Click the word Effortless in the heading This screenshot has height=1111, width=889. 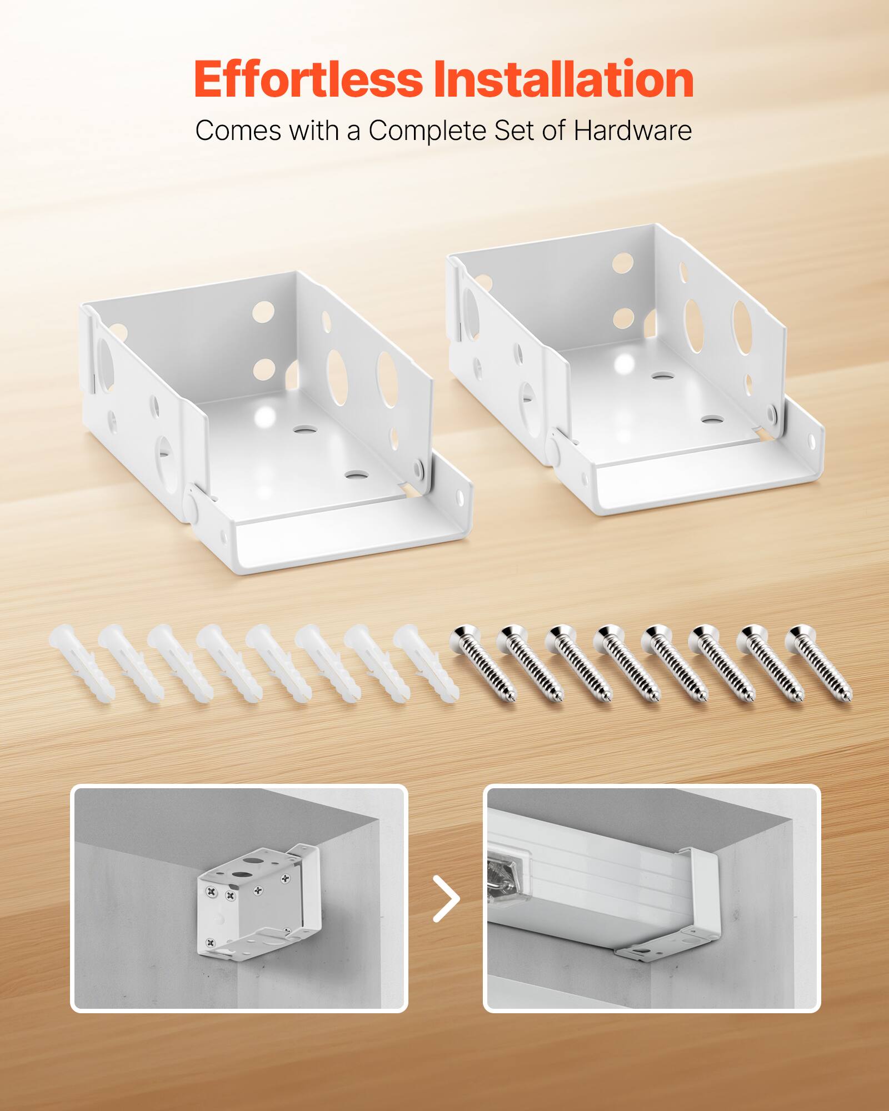click(308, 79)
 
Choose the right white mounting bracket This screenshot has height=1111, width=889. click(628, 367)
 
